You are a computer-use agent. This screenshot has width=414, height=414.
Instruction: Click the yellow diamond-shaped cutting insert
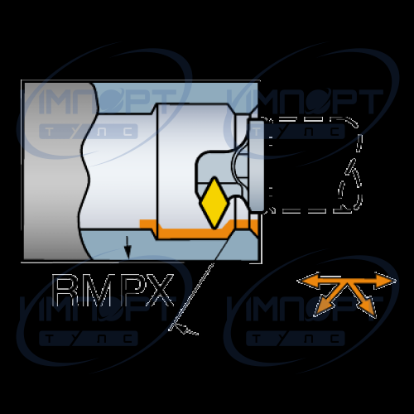click(x=214, y=204)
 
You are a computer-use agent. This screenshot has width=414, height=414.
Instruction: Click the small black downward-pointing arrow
click(x=128, y=248)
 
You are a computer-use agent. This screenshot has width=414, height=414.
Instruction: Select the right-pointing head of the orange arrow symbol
click(x=385, y=281)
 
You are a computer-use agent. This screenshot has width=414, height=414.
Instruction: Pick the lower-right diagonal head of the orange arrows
click(x=368, y=306)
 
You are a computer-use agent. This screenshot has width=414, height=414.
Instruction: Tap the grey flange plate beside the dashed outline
click(x=256, y=166)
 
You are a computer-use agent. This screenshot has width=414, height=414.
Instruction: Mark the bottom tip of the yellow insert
click(x=214, y=229)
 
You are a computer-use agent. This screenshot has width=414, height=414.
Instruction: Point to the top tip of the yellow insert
click(x=214, y=178)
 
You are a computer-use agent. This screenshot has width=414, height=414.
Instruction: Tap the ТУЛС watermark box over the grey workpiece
click(x=89, y=132)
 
